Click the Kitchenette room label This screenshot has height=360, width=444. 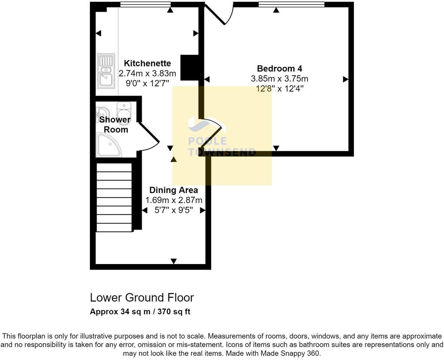(x=147, y=63)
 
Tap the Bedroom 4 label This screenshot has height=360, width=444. (x=279, y=69)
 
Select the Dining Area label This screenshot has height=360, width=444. (x=174, y=190)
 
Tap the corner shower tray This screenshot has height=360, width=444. (x=108, y=145)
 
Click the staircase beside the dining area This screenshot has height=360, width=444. (x=114, y=197)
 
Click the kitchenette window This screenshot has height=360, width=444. (x=145, y=4)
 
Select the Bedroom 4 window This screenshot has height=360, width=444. (x=291, y=4)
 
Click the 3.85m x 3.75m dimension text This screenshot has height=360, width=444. (x=279, y=79)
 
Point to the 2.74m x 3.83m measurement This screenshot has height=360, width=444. (x=147, y=73)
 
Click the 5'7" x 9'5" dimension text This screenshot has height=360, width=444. (x=174, y=210)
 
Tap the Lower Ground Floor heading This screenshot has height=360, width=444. (x=142, y=297)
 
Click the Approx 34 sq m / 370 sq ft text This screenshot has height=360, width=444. (x=140, y=312)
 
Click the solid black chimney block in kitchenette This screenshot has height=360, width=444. (x=189, y=67)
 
